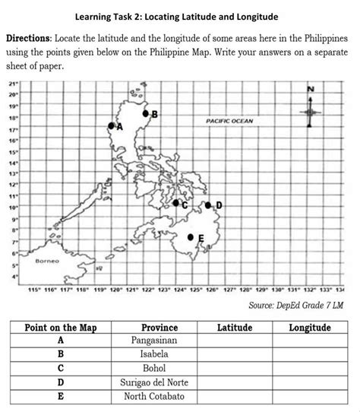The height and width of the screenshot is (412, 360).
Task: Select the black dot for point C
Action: coord(175,203)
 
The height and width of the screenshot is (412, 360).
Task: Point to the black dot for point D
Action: coord(207,205)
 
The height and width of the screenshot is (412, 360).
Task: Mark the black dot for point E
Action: coord(191,237)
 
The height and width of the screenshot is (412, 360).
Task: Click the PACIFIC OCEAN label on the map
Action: coord(229,121)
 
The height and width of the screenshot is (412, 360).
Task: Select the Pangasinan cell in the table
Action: coord(154,341)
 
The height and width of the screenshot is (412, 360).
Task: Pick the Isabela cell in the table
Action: coord(154,354)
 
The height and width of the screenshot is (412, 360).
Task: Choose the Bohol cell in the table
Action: coord(154,368)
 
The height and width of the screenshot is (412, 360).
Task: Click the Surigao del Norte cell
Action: coord(154,382)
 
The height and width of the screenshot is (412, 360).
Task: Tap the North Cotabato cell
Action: coord(154,395)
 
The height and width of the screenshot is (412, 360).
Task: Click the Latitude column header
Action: coord(235,328)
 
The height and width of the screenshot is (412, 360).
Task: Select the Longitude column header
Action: coord(310,328)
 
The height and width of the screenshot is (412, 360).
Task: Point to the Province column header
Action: coord(154,328)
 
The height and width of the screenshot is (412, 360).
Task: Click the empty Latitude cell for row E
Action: coord(235,395)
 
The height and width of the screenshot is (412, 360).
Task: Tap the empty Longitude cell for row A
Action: coord(310,341)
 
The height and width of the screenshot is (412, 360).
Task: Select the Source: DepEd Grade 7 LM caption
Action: coord(296,305)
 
